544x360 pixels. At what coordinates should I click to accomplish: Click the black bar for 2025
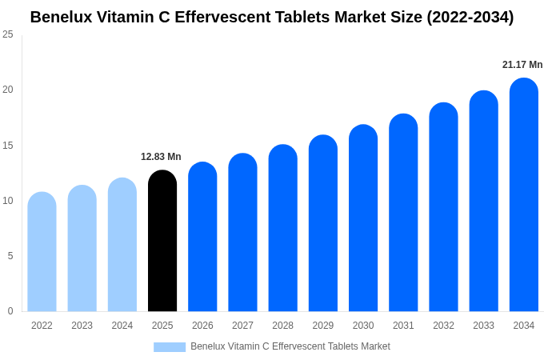coord(162,241)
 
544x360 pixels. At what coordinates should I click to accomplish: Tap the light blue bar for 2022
coord(42,252)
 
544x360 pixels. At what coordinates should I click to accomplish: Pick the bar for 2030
coord(363,218)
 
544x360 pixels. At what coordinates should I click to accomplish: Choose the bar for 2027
coord(242,232)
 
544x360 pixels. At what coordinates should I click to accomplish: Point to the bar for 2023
coord(82,248)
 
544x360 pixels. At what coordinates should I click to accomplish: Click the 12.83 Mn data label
coord(161,157)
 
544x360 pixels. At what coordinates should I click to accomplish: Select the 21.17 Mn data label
coord(522,65)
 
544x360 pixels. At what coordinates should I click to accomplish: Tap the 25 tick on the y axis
coord(8,34)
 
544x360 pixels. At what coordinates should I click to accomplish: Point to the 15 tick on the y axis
coord(8,145)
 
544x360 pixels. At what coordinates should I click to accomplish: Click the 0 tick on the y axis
coord(10,311)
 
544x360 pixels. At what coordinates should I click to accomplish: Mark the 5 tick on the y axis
coord(10,256)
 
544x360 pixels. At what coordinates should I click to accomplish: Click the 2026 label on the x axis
coord(202,326)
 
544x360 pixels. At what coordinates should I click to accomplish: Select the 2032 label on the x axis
coord(443,326)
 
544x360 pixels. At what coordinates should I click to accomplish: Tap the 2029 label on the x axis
coord(323,326)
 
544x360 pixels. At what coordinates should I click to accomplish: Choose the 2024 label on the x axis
coord(122,326)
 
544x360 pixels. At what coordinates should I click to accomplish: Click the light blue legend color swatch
coord(170,347)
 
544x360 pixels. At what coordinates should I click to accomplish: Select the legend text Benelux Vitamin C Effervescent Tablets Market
coord(290,346)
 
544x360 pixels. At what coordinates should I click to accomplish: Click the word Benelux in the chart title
coord(61,17)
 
